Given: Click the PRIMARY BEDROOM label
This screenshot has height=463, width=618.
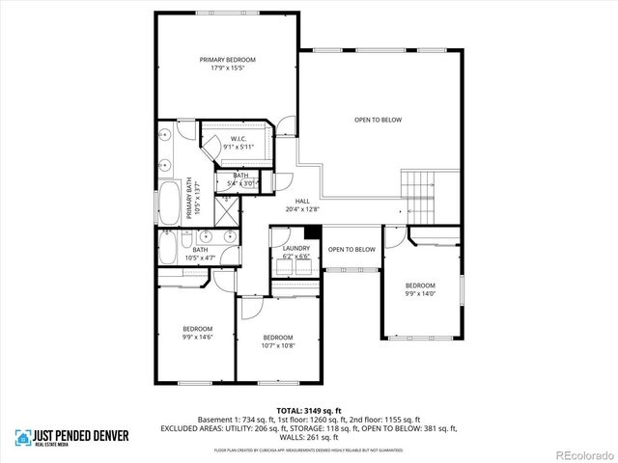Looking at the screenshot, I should tap(228, 59).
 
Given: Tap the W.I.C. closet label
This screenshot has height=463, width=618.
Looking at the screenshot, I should tap(239, 139).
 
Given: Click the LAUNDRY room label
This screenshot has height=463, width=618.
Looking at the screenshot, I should tap(296, 248).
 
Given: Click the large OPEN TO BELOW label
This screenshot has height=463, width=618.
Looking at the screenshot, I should tap(378, 120).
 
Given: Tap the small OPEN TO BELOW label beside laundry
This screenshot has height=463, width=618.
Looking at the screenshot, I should tap(351, 250).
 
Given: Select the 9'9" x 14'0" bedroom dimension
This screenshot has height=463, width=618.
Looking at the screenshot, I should tap(420, 295).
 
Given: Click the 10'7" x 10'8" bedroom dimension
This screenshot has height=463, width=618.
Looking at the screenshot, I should tap(278, 345).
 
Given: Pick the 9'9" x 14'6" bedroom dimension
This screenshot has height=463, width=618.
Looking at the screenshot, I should tap(197, 337).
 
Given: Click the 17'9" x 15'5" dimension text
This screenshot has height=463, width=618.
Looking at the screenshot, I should tap(228, 68).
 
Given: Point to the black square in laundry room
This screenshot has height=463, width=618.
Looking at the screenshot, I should tap(311, 231).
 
